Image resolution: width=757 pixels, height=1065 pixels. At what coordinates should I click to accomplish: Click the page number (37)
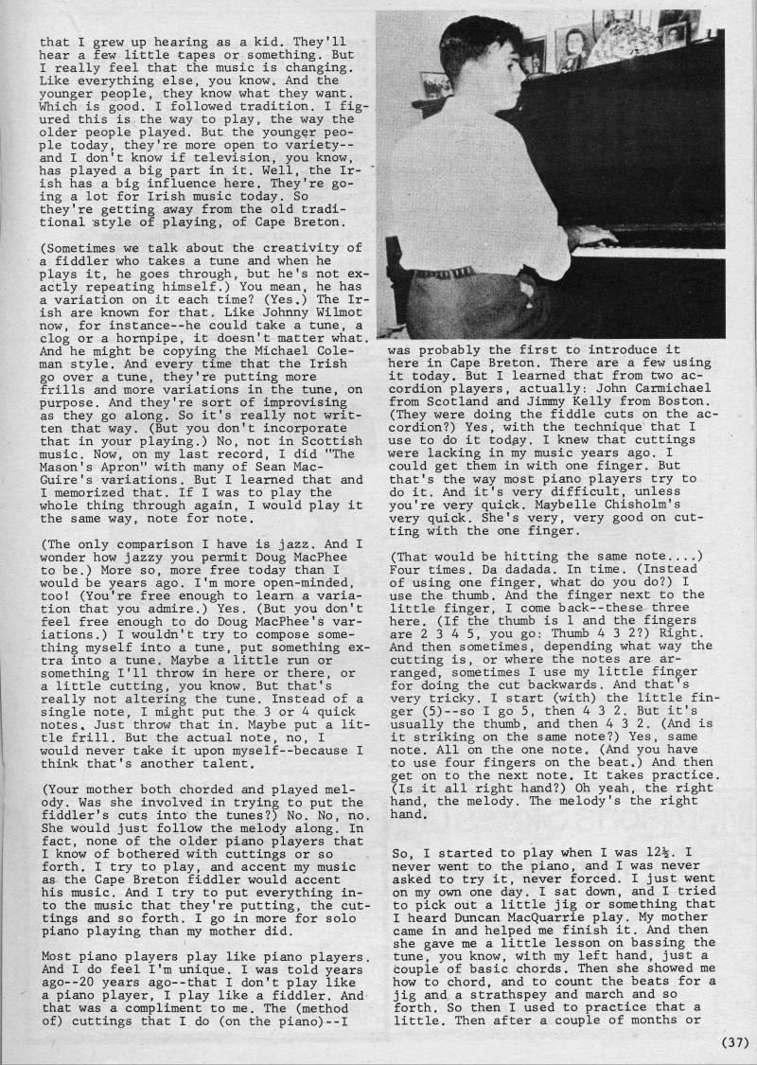pos(734,1043)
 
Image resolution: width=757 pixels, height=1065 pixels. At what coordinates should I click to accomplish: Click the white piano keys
pos(662,253)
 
